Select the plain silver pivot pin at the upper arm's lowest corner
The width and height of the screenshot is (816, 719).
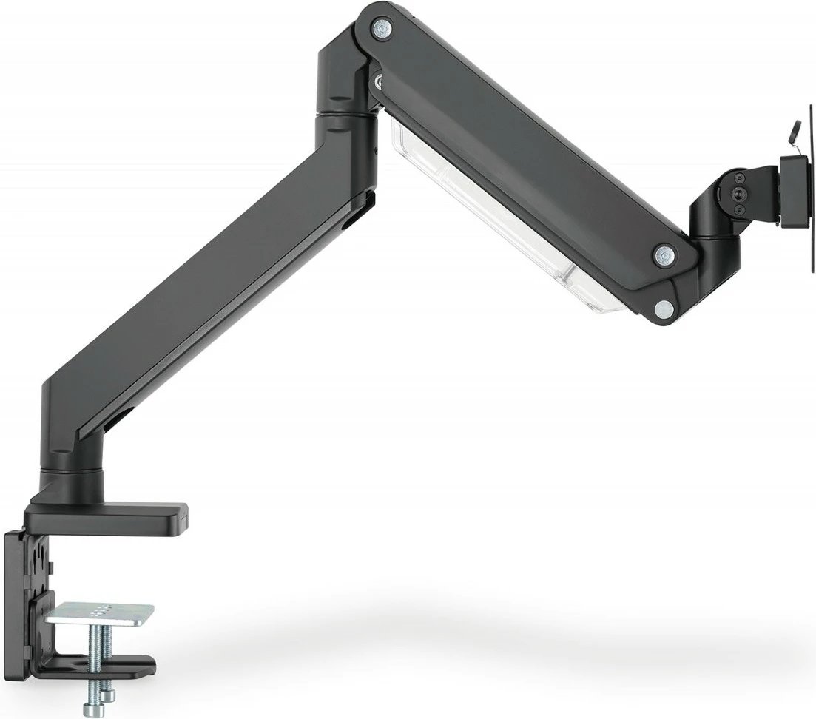664,307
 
